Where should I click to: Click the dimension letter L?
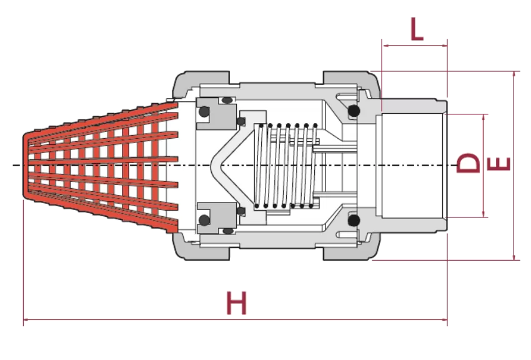point(417,29)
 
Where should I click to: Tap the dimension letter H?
point(237,302)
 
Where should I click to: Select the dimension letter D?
point(469,163)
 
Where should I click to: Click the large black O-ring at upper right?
point(354,111)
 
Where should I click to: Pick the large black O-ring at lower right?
point(354,221)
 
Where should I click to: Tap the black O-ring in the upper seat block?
point(204,112)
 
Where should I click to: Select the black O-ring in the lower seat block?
point(204,220)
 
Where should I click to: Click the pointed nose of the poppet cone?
point(212,166)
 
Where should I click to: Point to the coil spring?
point(286,166)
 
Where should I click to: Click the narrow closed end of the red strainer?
point(26,166)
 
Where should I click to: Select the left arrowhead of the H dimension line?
point(26,319)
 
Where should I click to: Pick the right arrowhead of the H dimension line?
point(445,319)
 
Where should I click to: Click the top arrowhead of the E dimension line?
point(514,74)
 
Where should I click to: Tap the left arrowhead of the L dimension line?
point(385,46)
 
